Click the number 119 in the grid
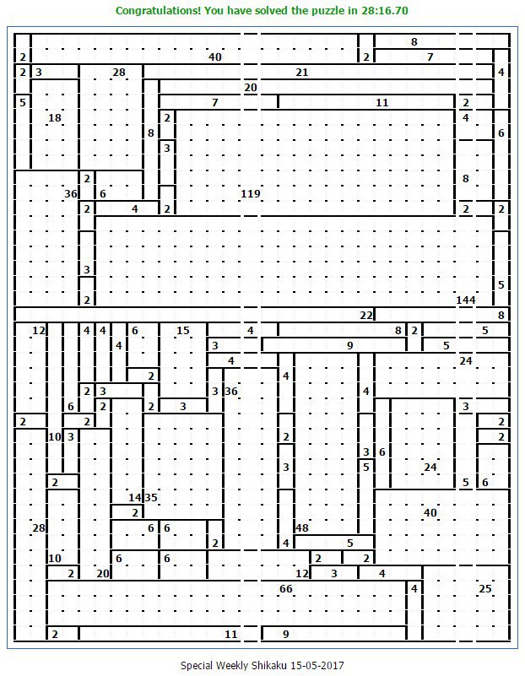[x=251, y=194]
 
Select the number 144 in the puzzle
[x=466, y=300]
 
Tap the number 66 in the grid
[x=286, y=589]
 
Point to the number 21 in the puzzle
[x=301, y=73]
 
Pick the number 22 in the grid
[x=366, y=316]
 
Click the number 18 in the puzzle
[x=55, y=117]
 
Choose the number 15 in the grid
[x=183, y=331]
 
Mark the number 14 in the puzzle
[x=135, y=498]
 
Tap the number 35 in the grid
[x=151, y=498]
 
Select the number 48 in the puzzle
[x=301, y=527]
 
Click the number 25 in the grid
[x=485, y=589]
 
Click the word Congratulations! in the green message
[x=158, y=11]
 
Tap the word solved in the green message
[x=271, y=10]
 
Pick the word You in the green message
[x=214, y=10]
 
